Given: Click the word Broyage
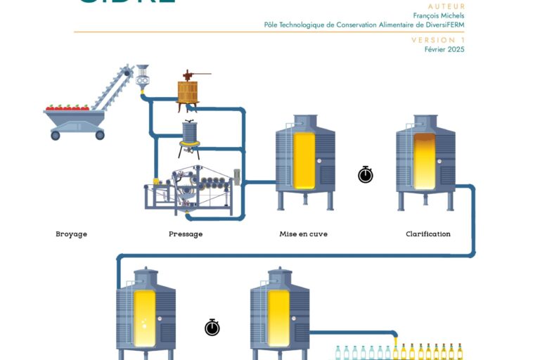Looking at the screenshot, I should click(x=72, y=234).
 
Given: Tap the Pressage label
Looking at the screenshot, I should click(x=186, y=234).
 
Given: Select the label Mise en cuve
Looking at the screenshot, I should click(x=303, y=234).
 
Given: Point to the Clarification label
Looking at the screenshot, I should click(x=427, y=234).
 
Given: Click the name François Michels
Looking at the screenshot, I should click(x=438, y=15).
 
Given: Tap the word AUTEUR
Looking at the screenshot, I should click(x=446, y=6).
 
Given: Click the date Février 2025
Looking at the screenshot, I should click(x=444, y=49).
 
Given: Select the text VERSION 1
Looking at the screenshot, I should click(x=438, y=40).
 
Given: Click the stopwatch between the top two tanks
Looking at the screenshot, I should click(x=366, y=174).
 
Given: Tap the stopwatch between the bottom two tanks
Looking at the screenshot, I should click(x=212, y=327).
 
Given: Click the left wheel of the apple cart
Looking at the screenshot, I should click(x=56, y=135).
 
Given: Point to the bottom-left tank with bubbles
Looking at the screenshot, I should click(x=146, y=313).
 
